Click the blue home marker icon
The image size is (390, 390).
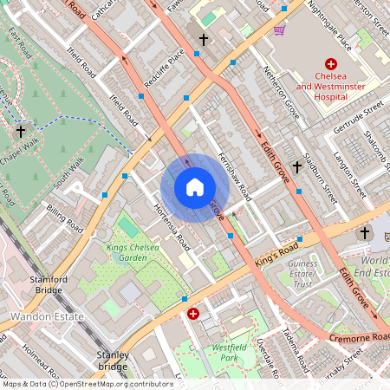tap(195, 187)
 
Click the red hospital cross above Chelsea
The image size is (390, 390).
tap(330, 64)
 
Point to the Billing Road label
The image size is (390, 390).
tap(64, 219)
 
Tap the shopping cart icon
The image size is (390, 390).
tap(280, 29)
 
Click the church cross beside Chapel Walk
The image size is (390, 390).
tap(21, 131)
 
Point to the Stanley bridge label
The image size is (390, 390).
tap(113, 361)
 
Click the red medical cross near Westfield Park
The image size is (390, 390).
tap(193, 314)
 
